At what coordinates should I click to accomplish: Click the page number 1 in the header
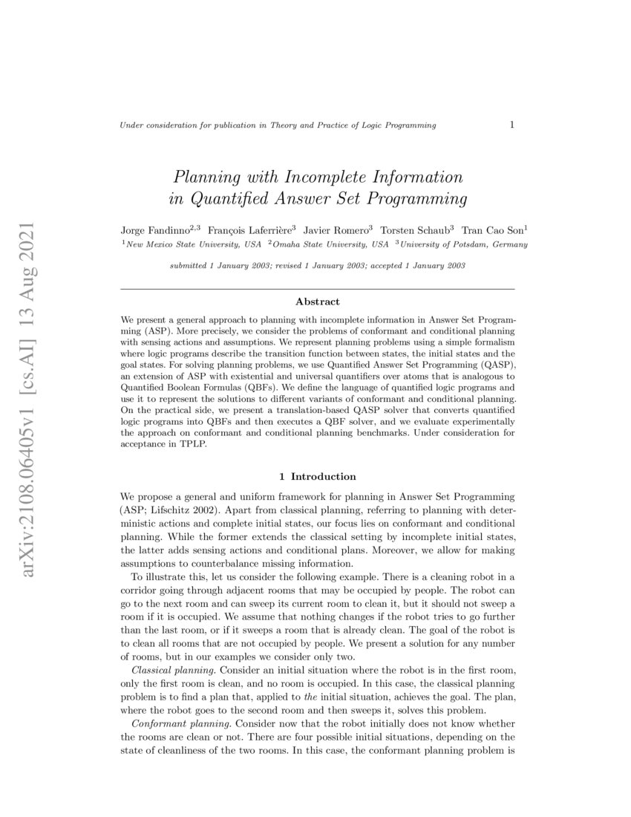click(512, 125)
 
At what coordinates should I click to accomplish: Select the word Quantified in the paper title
click(230, 199)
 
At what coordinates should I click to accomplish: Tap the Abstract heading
click(317, 302)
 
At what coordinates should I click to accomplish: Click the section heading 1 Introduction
click(317, 476)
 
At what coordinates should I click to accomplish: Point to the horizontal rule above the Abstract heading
click(317, 288)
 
